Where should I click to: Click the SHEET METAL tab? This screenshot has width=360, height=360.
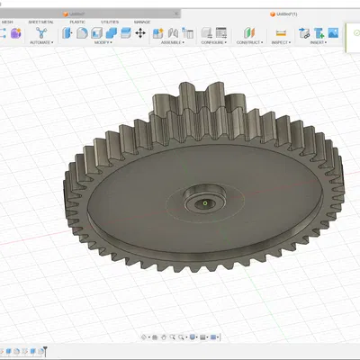40,21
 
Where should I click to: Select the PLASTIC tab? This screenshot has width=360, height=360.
78,21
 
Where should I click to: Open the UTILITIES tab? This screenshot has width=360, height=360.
109,21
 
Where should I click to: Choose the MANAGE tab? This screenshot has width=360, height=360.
142,21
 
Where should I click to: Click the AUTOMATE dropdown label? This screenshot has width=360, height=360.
40,42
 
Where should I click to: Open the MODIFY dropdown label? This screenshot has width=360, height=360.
103,42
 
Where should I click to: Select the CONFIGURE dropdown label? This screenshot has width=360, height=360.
212,42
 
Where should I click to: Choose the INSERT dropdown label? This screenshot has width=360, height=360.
318,42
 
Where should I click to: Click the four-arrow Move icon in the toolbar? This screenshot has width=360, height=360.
139,32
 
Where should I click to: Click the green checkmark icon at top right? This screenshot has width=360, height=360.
355,32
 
